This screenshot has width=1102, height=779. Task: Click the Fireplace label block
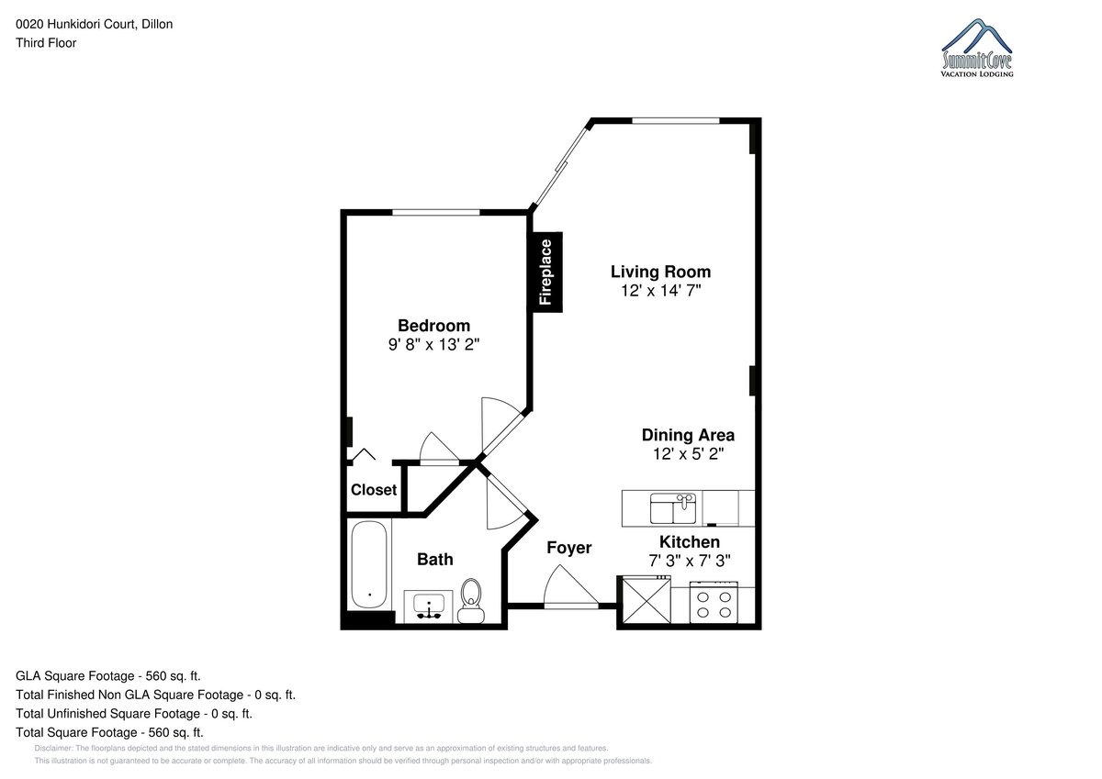545,273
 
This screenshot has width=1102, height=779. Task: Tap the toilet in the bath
471,601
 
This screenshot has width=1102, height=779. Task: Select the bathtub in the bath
369,565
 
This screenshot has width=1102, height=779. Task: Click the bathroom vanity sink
429,605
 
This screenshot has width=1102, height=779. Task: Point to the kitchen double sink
672,508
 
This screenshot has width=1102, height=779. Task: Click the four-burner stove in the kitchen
714,603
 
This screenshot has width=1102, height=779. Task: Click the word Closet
374,490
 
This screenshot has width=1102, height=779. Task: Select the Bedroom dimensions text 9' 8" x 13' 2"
433,344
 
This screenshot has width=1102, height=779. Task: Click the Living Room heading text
660,272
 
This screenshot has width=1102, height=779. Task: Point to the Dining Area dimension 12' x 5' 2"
688,453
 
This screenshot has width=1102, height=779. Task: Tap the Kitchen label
690,542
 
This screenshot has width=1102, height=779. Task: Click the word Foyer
569,548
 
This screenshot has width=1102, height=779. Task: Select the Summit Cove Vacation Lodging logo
977,48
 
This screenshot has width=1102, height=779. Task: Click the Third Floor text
46,43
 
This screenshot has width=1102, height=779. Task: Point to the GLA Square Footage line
108,676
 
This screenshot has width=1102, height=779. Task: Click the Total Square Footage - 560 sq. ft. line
109,733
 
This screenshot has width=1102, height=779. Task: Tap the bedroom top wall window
436,212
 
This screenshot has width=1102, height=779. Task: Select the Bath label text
435,560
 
